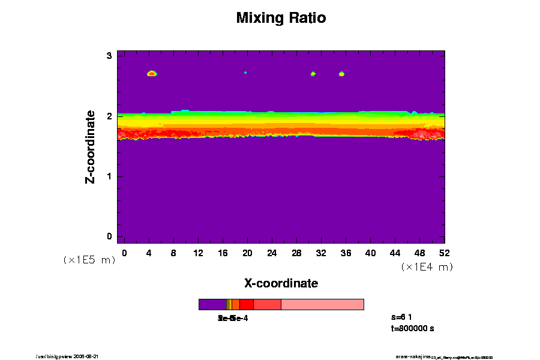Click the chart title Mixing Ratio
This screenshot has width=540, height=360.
pyautogui.click(x=281, y=18)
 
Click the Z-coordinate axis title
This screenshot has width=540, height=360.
pyautogui.click(x=91, y=146)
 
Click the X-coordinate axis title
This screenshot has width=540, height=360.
pyautogui.click(x=281, y=283)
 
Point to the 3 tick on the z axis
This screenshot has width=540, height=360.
pyautogui.click(x=110, y=56)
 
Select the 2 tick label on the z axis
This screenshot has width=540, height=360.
pyautogui.click(x=110, y=116)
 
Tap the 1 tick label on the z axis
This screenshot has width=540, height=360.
pyautogui.click(x=110, y=176)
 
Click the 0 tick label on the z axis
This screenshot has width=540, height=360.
pyautogui.click(x=110, y=236)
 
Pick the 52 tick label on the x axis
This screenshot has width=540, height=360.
pyautogui.click(x=445, y=253)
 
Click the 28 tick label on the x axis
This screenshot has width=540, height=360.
pyautogui.click(x=296, y=253)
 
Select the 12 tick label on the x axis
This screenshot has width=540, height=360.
pyautogui.click(x=198, y=253)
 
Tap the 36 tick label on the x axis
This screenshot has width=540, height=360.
pyautogui.click(x=346, y=253)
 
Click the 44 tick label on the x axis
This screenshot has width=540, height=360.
pyautogui.click(x=395, y=253)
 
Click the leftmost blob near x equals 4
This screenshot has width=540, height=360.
pyautogui.click(x=152, y=74)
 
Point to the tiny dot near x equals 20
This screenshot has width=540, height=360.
pyautogui.click(x=245, y=73)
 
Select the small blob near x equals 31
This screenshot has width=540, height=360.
pyautogui.click(x=313, y=74)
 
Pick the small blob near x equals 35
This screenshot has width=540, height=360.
pyautogui.click(x=342, y=74)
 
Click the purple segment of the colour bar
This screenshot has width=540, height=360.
pyautogui.click(x=212, y=304)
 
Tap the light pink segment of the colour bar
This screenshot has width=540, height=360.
pyautogui.click(x=322, y=304)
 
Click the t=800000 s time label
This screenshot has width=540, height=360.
pyautogui.click(x=412, y=329)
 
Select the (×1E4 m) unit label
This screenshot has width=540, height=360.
pyautogui.click(x=427, y=267)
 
